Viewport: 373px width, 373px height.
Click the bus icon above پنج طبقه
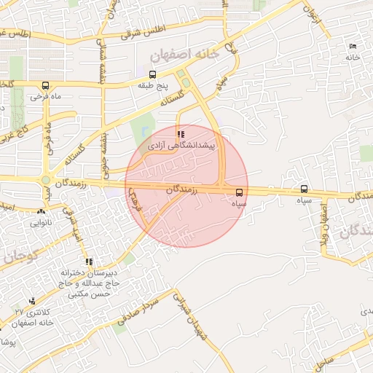[152, 74]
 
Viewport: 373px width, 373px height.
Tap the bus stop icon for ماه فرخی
[46, 85]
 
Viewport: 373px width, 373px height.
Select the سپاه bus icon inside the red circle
[240, 193]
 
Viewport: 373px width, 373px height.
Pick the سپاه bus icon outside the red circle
[304, 189]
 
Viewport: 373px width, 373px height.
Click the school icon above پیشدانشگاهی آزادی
[181, 134]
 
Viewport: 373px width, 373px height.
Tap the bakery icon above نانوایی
[40, 212]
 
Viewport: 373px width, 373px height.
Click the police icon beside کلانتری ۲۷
[32, 301]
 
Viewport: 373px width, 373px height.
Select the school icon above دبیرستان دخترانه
[89, 262]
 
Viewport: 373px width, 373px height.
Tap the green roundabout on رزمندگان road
[45, 180]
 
